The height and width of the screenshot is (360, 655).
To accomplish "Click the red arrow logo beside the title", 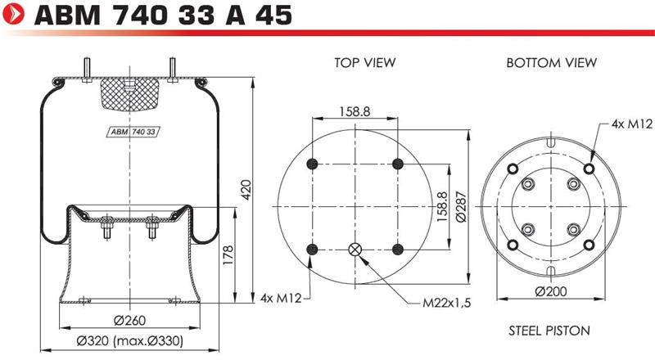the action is pos(13,14).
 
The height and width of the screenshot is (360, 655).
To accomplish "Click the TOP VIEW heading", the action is pos(364,63).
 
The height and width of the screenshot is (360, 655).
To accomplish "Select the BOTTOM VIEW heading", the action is pos(551,63).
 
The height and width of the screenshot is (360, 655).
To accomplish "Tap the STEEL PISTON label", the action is pos(549,331).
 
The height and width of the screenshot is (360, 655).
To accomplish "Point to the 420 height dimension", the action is pos(246,190).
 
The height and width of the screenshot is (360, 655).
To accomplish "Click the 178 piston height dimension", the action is pos(228,255).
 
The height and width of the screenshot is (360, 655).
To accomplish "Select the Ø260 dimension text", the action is pos(129,321).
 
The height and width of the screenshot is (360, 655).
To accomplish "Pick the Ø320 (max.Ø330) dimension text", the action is pos(130,341).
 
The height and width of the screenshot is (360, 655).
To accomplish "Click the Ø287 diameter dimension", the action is pos(461,207).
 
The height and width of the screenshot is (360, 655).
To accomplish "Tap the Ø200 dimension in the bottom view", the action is pos(551,291).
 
